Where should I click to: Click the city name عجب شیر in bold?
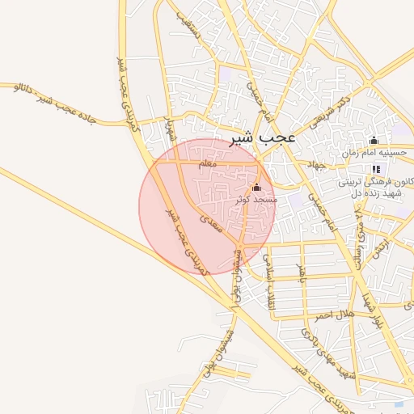(264, 138)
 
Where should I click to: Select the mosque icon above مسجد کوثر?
(258, 187)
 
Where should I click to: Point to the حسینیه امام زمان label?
(374, 151)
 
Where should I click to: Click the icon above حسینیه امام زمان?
(374, 141)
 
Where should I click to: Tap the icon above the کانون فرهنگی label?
(376, 168)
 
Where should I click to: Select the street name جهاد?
(315, 163)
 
